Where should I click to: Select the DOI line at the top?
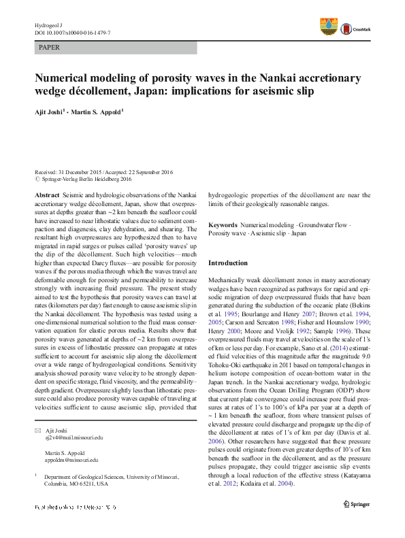[x=72, y=32]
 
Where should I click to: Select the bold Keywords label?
[x=223, y=224]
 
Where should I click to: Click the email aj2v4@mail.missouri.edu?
[x=74, y=438]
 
